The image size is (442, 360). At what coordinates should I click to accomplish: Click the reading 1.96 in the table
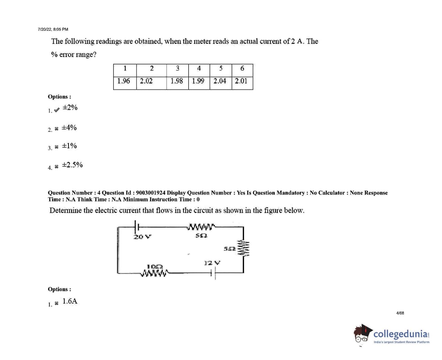click(x=124, y=81)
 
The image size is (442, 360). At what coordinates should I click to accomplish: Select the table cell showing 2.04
click(x=220, y=81)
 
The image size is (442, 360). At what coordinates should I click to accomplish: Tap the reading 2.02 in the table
click(x=146, y=81)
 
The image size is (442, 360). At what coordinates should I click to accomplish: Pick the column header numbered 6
click(x=242, y=68)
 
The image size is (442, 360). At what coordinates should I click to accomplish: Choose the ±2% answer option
click(x=70, y=108)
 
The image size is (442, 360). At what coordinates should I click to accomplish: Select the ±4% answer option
click(x=69, y=128)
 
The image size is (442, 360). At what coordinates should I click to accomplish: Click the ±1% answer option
click(x=69, y=146)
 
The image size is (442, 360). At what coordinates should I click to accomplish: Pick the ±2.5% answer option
click(x=72, y=165)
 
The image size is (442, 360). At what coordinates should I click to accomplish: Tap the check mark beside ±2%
click(x=57, y=110)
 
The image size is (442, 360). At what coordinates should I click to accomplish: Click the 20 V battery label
click(x=142, y=237)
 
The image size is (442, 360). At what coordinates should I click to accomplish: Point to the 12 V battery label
click(x=212, y=263)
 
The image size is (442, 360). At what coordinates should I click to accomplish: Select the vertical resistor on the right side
click(x=244, y=248)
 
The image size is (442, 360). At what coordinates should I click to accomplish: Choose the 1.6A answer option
click(x=70, y=301)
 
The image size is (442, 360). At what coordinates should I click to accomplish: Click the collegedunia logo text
click(x=401, y=334)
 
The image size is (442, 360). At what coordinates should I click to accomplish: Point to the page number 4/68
click(x=400, y=313)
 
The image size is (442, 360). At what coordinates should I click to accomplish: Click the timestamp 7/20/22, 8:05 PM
click(x=53, y=30)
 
